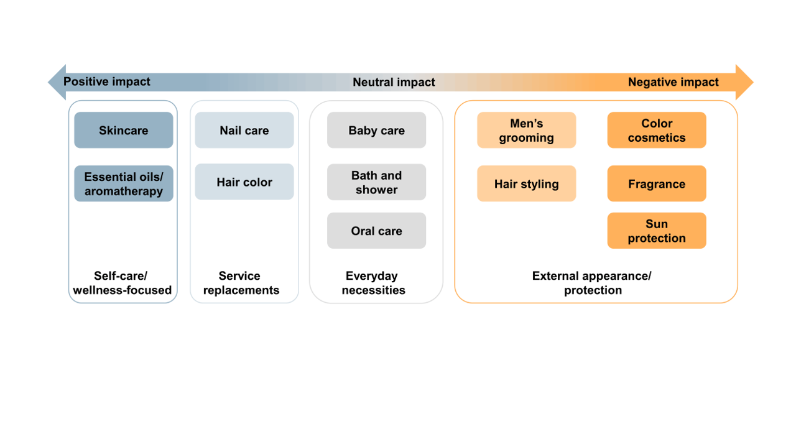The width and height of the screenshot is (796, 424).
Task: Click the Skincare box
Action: [x=123, y=130]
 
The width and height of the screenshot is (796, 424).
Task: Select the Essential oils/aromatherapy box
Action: [x=123, y=183]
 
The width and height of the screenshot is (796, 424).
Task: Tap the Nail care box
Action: [x=244, y=130]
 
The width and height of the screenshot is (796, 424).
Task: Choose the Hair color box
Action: [x=244, y=182]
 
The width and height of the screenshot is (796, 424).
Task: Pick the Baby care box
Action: [x=376, y=130]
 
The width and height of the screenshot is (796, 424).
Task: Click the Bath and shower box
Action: [x=376, y=182]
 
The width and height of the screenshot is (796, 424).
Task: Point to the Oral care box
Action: [x=376, y=231]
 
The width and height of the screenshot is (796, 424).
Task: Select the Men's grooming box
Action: [x=526, y=130]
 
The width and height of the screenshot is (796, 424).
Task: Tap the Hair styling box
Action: [x=526, y=183]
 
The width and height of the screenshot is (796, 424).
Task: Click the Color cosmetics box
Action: [x=656, y=130]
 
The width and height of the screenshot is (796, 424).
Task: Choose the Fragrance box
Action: [x=656, y=183]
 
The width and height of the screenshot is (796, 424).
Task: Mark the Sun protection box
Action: [x=656, y=231]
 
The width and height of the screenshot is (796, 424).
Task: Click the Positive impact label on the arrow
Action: [x=107, y=81]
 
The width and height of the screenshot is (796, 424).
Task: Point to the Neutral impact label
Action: [x=394, y=82]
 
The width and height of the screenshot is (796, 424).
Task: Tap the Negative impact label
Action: [x=673, y=82]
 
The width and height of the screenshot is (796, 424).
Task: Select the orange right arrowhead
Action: [x=744, y=82]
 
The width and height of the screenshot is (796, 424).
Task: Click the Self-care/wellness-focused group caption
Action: [x=122, y=283]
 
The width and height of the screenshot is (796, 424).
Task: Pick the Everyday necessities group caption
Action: [x=373, y=283]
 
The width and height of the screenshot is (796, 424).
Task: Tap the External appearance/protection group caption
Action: [x=592, y=283]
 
